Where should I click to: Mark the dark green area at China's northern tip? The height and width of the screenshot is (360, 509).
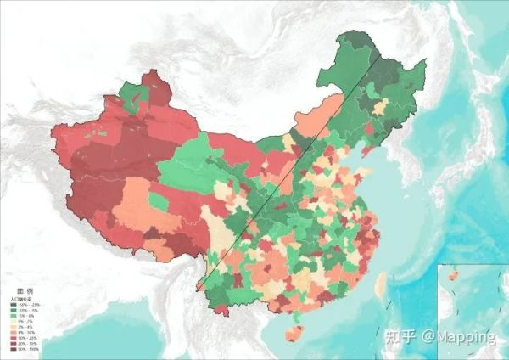tap(356, 47)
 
